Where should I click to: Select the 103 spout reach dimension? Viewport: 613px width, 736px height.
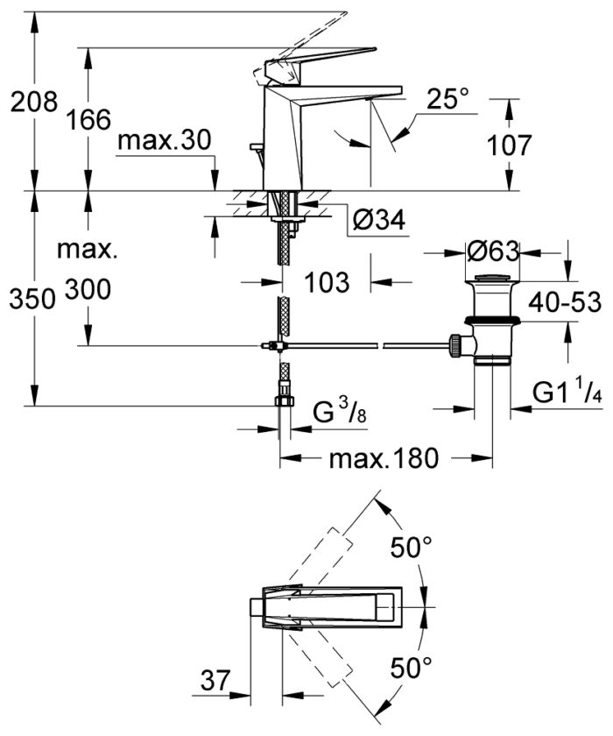click(328, 282)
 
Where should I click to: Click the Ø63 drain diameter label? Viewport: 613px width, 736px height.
click(493, 251)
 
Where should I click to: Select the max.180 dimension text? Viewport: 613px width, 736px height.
click(383, 459)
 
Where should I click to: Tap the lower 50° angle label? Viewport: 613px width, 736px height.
click(411, 670)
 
